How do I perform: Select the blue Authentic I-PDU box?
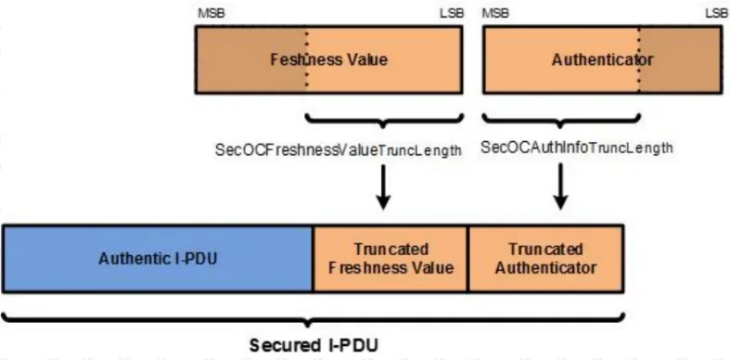[158, 257]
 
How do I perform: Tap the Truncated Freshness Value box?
[391, 258]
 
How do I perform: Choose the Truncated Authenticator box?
[546, 258]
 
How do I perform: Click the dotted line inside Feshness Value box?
[306, 60]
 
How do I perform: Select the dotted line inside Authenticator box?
[639, 60]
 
